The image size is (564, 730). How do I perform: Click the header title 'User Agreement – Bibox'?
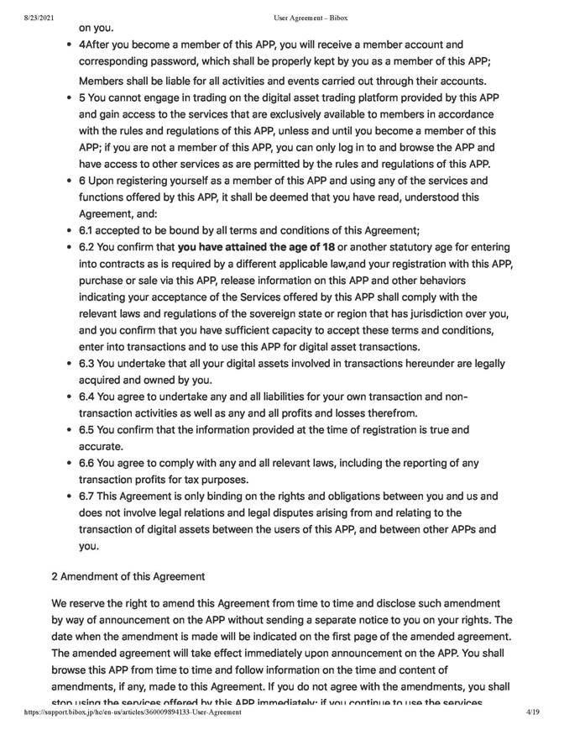coord(311,18)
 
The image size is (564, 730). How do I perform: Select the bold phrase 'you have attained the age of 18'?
coord(256,247)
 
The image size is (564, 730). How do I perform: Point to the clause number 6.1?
coord(89,230)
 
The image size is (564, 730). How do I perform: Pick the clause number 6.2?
coord(89,247)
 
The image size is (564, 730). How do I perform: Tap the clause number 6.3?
coord(89,363)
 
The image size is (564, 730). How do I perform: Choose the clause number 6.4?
coord(89,397)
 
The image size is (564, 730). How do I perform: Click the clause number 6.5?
coord(89,429)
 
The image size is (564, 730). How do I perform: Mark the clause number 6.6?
coord(89,463)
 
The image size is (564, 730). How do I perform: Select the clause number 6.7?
coord(89,496)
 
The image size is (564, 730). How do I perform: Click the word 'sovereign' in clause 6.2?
coord(294,313)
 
